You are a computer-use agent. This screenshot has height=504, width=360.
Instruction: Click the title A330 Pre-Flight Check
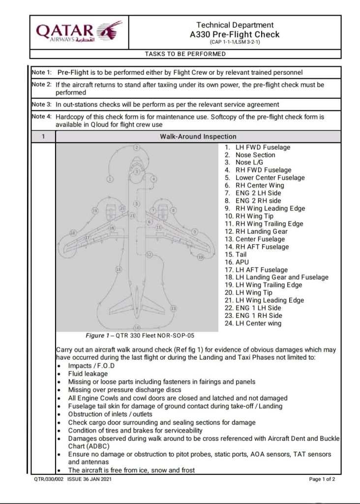tap(235, 34)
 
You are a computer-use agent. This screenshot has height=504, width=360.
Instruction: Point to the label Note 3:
tap(42, 104)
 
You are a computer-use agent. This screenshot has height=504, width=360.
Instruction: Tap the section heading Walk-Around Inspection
tap(198, 136)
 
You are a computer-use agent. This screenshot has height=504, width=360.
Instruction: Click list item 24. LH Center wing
tap(253, 323)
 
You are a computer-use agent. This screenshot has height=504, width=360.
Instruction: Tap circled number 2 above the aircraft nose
tap(137, 147)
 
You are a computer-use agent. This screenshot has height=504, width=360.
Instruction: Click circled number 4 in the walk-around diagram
tap(154, 179)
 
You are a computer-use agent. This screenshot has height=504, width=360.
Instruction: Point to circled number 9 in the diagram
tap(195, 231)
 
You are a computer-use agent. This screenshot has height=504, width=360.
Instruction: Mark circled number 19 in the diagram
tap(95, 211)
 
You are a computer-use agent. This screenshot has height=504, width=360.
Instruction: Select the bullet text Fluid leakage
tap(88, 374)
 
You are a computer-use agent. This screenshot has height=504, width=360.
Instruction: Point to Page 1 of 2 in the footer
tap(322, 479)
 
